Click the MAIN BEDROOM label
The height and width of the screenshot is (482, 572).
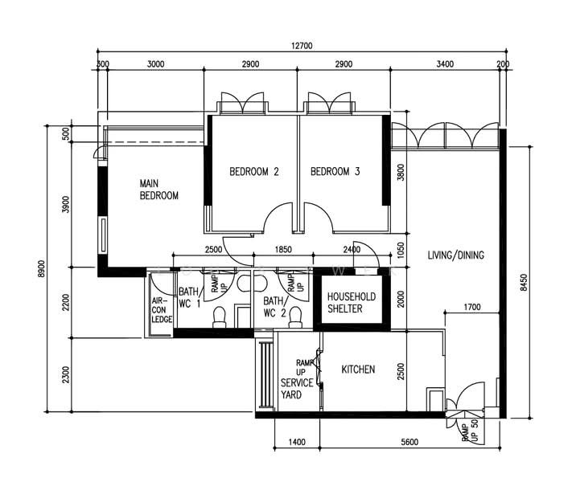(159, 190)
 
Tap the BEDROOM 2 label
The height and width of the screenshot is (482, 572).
(254, 171)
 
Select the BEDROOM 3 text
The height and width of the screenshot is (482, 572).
(335, 171)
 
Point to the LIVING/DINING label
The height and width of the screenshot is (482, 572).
(455, 255)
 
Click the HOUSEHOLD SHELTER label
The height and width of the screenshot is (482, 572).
(352, 302)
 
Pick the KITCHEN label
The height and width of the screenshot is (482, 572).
(358, 370)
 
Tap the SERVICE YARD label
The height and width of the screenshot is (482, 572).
(297, 389)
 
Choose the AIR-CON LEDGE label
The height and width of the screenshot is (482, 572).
(162, 310)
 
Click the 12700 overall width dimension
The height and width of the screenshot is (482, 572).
(302, 46)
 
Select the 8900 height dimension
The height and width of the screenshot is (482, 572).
(41, 268)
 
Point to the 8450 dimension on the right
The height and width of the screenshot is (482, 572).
(524, 282)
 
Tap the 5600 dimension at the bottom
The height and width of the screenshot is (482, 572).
(409, 443)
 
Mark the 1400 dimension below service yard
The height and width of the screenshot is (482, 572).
(297, 443)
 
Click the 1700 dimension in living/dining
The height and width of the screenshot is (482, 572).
(472, 307)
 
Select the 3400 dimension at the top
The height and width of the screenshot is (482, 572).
(445, 64)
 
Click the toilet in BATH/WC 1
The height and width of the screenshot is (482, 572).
(220, 317)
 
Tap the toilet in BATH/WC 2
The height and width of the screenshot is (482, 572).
(295, 317)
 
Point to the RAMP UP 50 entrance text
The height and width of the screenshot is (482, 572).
(470, 431)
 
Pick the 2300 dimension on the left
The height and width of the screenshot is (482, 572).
(66, 374)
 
